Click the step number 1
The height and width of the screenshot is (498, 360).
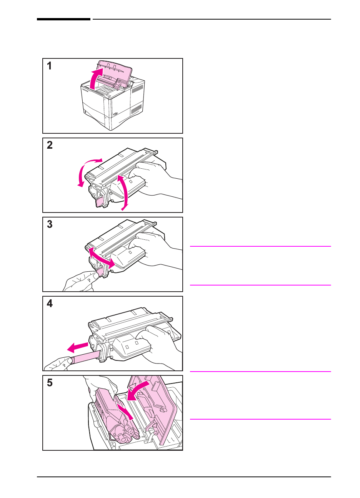click(49, 66)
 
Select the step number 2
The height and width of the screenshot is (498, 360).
click(50, 145)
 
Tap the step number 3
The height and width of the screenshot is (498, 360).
click(50, 224)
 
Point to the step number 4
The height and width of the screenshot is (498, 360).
click(50, 303)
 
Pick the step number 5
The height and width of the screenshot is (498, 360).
click(50, 383)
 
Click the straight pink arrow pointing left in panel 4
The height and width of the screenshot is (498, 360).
click(78, 347)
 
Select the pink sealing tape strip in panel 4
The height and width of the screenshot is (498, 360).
click(86, 358)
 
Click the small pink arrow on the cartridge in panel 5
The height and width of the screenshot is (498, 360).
click(125, 411)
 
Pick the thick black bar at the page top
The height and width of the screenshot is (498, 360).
click(63, 19)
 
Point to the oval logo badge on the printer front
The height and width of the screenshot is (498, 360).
click(115, 114)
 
